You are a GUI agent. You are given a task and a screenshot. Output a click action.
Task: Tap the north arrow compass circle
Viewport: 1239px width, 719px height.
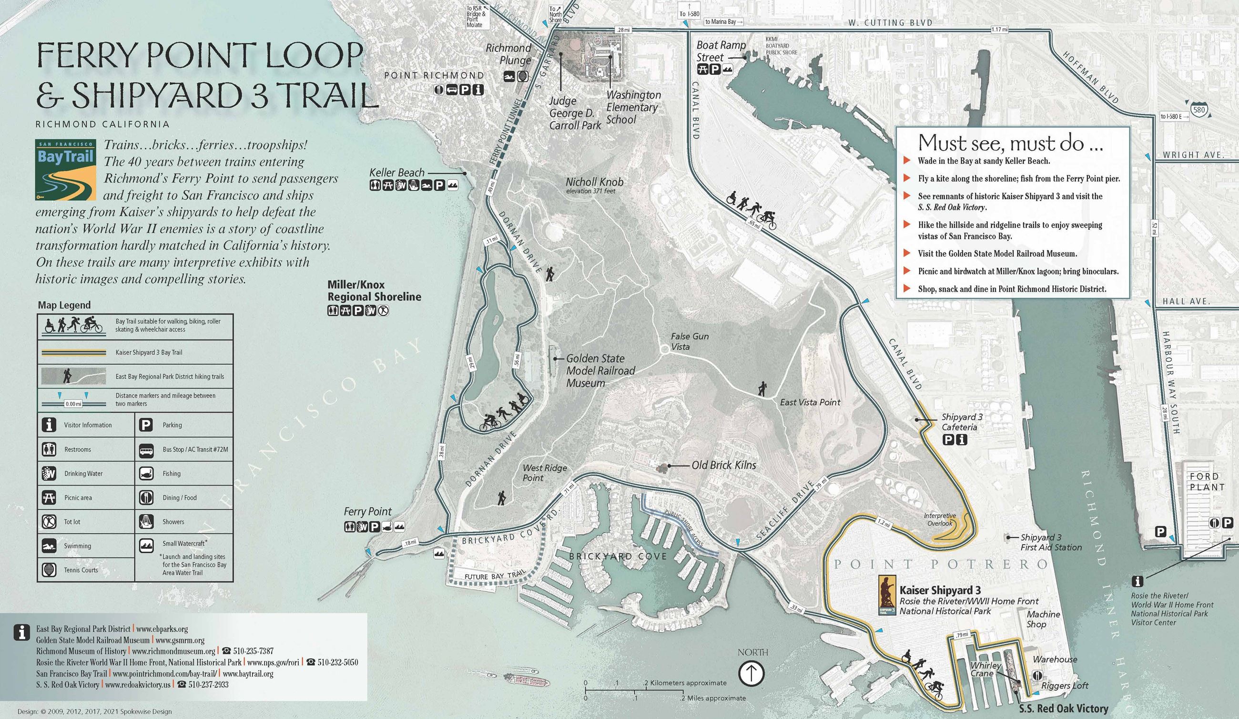click(752, 673)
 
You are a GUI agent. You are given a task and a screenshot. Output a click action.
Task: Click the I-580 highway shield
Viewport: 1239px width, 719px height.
click(1198, 110)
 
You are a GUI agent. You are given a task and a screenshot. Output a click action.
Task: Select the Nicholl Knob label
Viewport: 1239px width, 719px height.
click(594, 182)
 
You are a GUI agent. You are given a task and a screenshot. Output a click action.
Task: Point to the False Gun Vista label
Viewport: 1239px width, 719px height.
click(690, 341)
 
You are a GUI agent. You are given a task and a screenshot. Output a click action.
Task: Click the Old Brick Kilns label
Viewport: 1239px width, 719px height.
click(723, 465)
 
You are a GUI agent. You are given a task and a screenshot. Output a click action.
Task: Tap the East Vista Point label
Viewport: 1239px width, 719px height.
click(810, 402)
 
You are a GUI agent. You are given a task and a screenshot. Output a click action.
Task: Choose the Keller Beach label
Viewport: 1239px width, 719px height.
click(397, 173)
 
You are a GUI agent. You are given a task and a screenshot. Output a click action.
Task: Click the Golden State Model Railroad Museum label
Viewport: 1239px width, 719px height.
click(601, 371)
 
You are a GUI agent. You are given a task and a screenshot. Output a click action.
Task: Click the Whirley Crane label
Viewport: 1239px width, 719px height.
click(985, 669)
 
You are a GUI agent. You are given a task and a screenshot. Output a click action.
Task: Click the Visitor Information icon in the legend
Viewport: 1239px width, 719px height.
click(48, 425)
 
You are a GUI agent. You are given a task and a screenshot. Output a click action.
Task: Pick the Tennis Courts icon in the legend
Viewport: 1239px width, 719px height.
click(48, 570)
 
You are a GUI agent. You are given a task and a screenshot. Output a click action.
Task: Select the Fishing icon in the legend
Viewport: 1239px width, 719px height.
click(146, 473)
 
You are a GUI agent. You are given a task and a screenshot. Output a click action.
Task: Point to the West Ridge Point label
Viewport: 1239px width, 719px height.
click(544, 472)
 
